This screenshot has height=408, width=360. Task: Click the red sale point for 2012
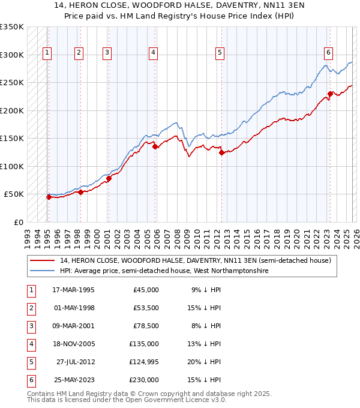[221, 152]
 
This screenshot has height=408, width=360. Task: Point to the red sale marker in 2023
[330, 94]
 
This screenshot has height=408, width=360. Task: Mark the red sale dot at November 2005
[155, 146]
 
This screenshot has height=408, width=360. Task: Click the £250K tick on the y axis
[11, 83]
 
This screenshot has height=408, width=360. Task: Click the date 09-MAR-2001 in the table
[73, 326]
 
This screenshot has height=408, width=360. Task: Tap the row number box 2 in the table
[30, 308]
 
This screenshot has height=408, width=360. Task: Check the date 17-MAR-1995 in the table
[73, 290]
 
